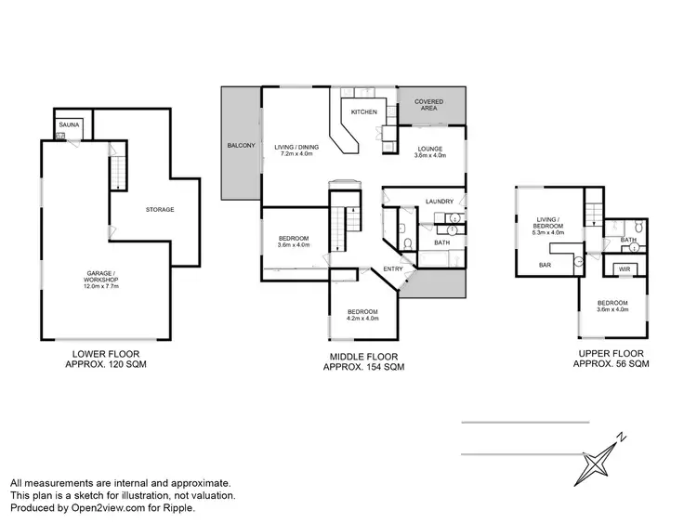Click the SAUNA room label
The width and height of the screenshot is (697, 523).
[69, 124]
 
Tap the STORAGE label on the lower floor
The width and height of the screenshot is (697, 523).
[160, 210]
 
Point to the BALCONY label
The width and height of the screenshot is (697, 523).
[241, 146]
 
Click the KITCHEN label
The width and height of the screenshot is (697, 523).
[362, 112]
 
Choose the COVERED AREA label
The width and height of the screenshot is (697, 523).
[428, 104]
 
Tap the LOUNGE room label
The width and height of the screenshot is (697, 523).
[429, 149]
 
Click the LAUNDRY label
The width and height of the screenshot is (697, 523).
[439, 202]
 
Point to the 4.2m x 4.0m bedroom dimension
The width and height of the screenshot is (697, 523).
[362, 320]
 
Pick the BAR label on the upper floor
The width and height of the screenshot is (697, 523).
[546, 265]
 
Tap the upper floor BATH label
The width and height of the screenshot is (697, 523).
[628, 240]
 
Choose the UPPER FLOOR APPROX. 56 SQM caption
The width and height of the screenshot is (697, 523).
[611, 360]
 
